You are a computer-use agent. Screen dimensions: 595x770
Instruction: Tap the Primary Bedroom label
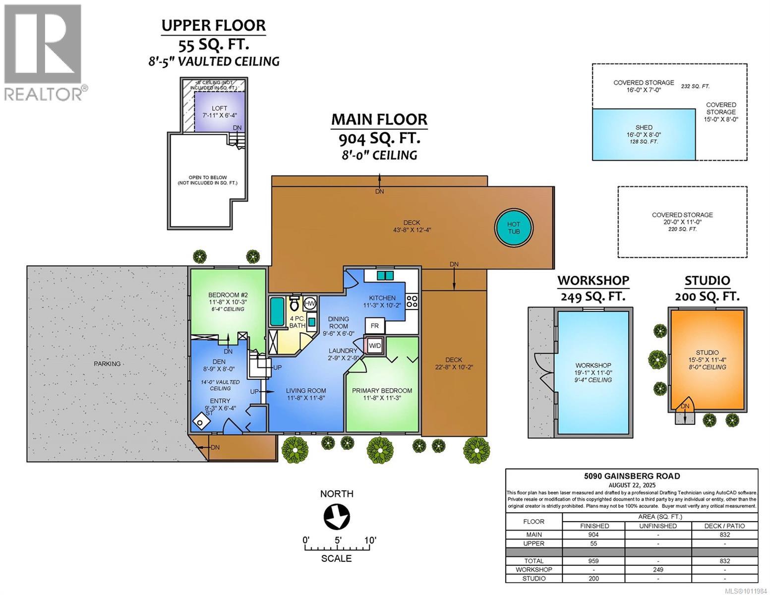[x=382, y=391]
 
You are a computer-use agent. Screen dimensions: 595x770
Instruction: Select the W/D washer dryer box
[x=375, y=345]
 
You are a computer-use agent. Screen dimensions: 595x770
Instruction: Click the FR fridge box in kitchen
[x=375, y=326]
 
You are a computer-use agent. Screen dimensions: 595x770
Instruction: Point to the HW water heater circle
[x=310, y=303]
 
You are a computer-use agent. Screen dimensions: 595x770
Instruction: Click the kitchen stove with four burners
[x=412, y=301]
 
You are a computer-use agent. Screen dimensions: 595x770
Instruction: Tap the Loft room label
[x=220, y=108]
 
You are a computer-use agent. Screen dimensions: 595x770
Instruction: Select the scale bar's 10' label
[x=370, y=540]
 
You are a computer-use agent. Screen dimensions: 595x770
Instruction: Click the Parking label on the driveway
[x=107, y=363]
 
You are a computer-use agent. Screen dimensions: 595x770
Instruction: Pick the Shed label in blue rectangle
[x=644, y=127]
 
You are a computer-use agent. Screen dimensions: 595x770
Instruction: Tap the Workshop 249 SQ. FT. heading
[x=593, y=288]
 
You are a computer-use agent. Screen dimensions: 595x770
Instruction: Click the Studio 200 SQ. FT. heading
[x=707, y=288]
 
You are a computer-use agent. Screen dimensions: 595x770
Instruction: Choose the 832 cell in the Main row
[x=724, y=535]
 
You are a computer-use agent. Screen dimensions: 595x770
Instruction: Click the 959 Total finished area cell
[x=593, y=561]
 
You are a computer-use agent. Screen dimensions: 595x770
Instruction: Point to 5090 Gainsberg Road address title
[x=632, y=476]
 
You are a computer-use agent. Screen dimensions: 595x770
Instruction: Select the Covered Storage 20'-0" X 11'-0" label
[x=682, y=218]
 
